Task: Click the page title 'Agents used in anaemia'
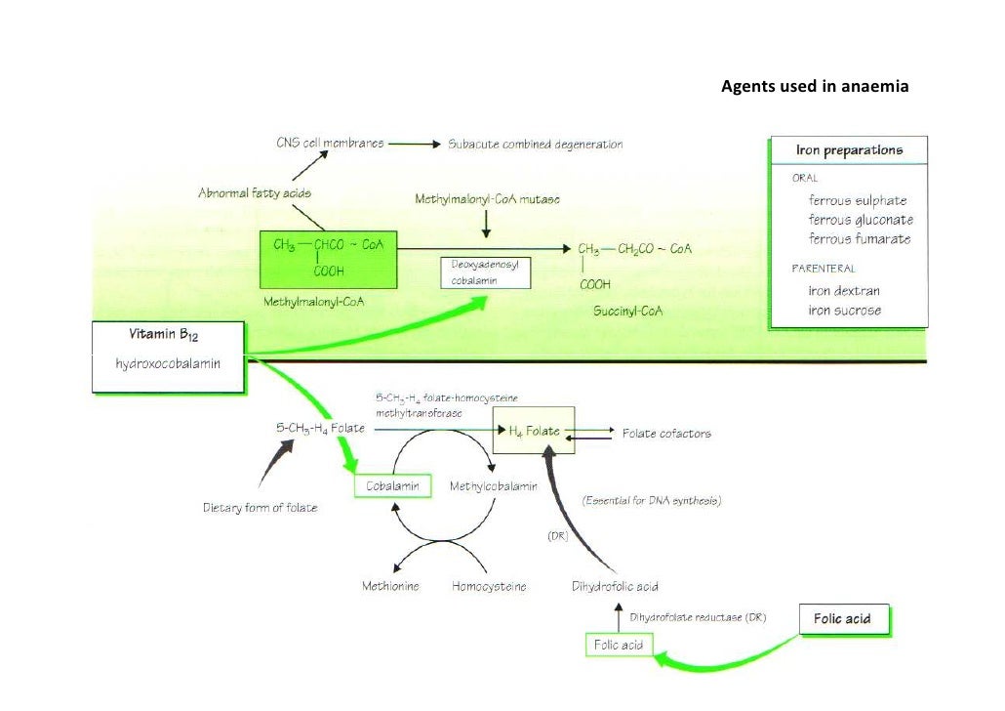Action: pos(815,88)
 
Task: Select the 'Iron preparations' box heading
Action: pos(849,150)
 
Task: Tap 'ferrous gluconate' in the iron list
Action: pos(861,220)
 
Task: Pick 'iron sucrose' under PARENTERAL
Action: pos(844,311)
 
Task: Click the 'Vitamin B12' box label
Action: pos(164,335)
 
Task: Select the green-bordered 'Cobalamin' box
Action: pos(391,485)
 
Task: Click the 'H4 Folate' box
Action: pos(533,431)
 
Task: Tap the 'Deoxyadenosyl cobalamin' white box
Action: pos(485,272)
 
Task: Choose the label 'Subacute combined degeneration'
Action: pos(535,145)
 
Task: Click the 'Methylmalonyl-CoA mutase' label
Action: pos(488,199)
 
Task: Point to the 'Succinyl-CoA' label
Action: pos(627,311)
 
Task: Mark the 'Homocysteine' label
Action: pos(489,587)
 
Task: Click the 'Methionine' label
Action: pos(392,587)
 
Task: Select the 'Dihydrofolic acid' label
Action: pos(615,587)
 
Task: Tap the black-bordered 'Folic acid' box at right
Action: pos(842,618)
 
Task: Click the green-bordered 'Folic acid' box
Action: pos(619,646)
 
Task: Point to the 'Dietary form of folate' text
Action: pos(260,508)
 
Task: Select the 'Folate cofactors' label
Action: pos(666,433)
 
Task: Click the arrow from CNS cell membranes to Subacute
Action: pos(415,144)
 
